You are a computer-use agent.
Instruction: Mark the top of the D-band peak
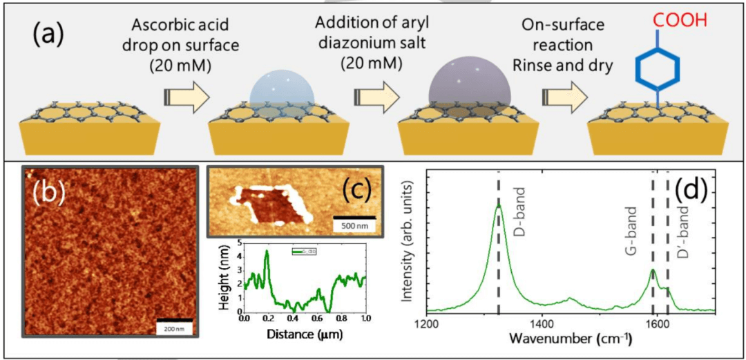tap(498, 205)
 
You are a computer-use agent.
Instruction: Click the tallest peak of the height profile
tap(267, 252)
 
